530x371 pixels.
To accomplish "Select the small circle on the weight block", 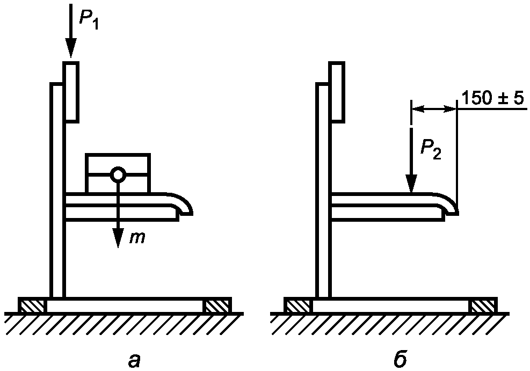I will pos(117,174).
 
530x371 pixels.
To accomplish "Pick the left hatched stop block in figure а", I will pos(33,305).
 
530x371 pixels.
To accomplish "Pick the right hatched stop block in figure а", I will pos(217,305).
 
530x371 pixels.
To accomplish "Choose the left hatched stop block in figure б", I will pos(299,305).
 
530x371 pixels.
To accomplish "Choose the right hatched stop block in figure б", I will pos(483,305).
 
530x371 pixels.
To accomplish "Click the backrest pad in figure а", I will pos(71,91).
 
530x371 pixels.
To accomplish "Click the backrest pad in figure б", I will pos(337,91).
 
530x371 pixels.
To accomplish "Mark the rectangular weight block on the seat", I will pos(118,173).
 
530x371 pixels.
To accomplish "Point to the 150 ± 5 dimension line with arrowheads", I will pos(434,108).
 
